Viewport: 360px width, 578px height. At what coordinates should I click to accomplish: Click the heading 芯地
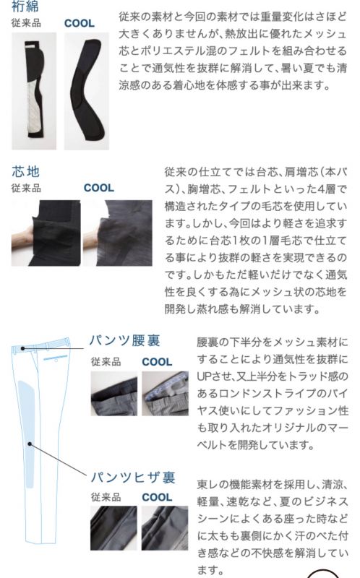coord(25,171)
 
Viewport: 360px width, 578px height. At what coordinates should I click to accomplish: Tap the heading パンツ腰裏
coord(124,340)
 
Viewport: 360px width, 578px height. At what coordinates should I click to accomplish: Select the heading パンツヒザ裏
coord(133,478)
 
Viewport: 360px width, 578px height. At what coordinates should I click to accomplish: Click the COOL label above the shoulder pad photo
coord(80,23)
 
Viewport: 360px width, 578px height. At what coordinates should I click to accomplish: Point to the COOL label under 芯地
coord(99,188)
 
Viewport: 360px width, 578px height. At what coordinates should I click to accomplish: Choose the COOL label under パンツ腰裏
coord(157,362)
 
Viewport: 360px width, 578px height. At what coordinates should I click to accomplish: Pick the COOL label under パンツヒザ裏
coord(157,497)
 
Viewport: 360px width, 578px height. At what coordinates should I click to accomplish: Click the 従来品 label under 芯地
coord(26,188)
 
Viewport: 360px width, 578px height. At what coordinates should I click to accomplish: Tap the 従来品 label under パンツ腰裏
coord(106,362)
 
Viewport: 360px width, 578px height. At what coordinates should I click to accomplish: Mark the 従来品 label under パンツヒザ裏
coord(106,497)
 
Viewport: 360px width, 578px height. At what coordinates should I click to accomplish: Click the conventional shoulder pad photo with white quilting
coord(34,91)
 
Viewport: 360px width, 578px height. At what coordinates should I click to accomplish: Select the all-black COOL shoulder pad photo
coord(87,91)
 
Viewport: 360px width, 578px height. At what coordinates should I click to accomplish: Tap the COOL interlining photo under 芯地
coord(118,233)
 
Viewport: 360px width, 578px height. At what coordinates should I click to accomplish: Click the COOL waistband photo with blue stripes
coord(165,393)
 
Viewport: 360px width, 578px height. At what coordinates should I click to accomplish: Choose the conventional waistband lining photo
coord(114,393)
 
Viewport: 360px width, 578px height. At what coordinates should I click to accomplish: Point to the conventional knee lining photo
coord(113,528)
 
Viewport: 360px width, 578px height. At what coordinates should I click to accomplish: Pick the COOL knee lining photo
coord(165,528)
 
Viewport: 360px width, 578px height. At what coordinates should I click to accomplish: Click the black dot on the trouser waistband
coord(23,348)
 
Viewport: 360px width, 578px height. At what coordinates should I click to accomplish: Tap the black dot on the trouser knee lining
coord(30,444)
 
